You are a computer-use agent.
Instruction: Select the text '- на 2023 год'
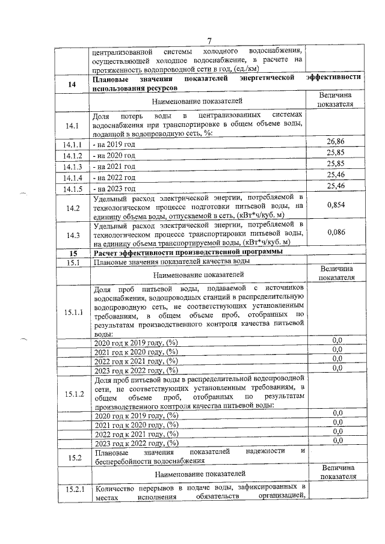(x=115, y=188)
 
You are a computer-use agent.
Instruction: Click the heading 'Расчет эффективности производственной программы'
(x=185, y=252)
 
